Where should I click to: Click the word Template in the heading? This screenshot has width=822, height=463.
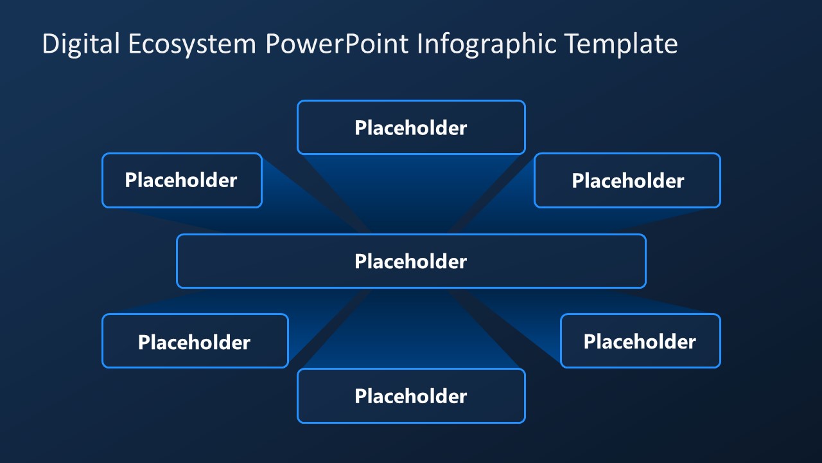pos(622,44)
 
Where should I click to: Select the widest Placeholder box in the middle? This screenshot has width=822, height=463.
pos(411,261)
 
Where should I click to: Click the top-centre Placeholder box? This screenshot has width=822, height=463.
pos(411,127)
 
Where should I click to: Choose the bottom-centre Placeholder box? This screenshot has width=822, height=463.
pos(411,395)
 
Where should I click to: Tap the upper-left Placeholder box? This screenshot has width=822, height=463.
pos(182,180)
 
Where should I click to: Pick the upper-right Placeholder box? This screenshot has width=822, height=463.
pos(627,180)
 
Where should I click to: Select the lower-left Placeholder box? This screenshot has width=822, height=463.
pos(195,341)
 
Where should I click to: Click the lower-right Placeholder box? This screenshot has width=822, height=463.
pos(640,341)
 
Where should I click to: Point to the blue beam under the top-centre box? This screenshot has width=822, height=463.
pos(411,186)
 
